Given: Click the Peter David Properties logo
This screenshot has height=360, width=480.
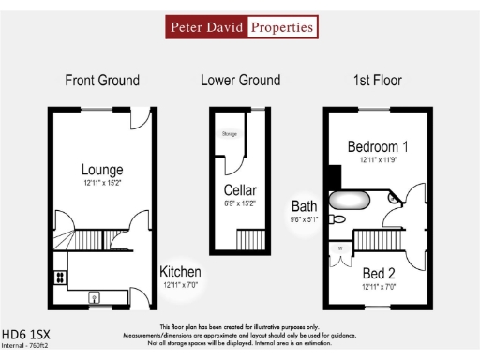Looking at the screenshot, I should tap(240, 27).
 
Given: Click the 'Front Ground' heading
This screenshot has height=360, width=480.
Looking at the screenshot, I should tap(101, 81).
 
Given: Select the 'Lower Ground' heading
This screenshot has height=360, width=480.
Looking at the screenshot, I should tap(240, 81).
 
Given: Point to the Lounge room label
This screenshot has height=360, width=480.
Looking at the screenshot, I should tap(102, 170).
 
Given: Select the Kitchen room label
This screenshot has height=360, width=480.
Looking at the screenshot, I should tap(181, 272).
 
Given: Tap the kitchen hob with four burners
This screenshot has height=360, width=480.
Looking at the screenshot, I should tap(60, 277).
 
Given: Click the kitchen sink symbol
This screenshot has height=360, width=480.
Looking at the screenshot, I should tap(95, 298).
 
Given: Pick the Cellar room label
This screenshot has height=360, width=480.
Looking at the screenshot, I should tap(240, 191).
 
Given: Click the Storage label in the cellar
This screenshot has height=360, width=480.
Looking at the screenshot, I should tap(230, 135).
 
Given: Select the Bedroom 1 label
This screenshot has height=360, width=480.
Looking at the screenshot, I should tap(378, 147).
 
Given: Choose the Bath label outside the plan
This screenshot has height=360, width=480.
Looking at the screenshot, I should tap(305, 206).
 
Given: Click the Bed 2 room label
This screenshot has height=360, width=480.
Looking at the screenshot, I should tap(379, 274).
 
